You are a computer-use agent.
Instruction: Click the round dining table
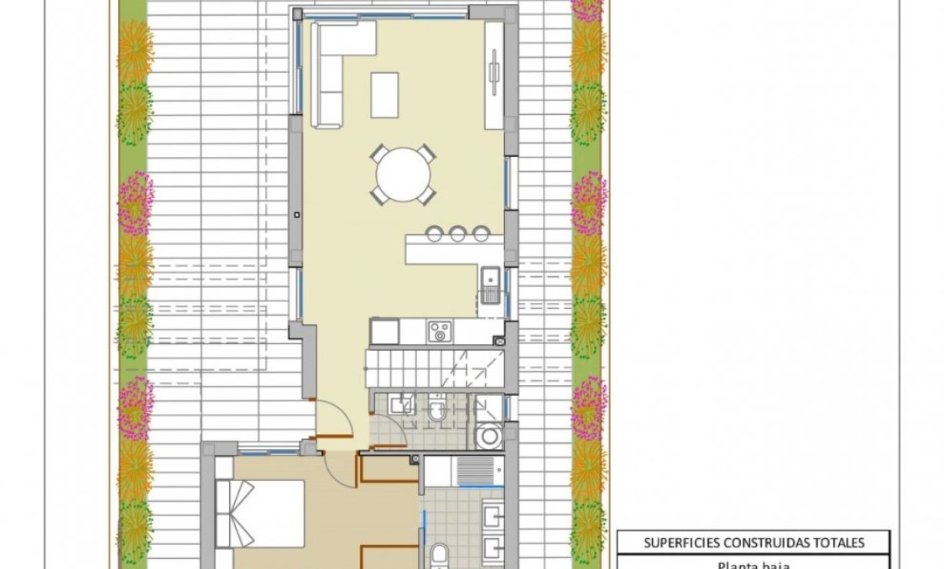(x=403, y=175)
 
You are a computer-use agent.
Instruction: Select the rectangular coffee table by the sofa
(x=384, y=94)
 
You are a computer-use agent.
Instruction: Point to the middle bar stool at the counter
(x=457, y=233)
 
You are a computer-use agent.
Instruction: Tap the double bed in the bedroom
(x=260, y=513)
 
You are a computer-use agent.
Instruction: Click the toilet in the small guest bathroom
(x=437, y=411)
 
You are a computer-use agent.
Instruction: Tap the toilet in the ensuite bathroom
(x=439, y=556)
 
